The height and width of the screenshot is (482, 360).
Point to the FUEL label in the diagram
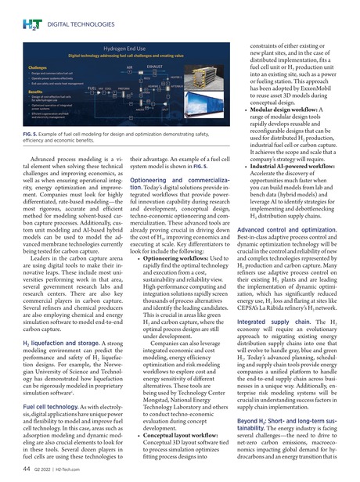[92, 89]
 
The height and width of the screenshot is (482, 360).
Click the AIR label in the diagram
[119, 68]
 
